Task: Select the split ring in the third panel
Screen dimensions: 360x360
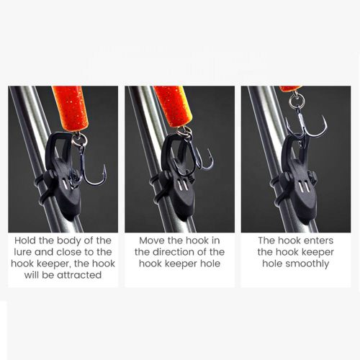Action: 295,100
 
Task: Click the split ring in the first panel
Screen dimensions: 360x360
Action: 79,140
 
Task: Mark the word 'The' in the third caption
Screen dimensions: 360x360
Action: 266,240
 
